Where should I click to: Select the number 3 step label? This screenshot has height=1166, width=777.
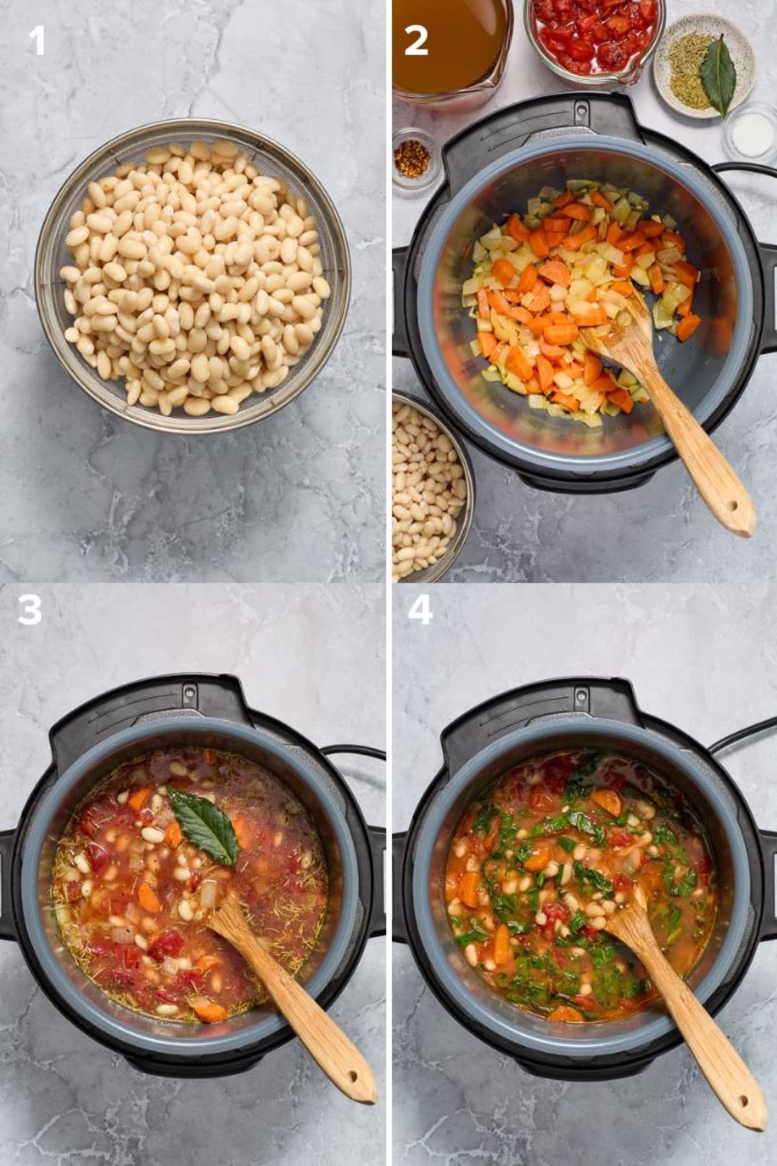click(30, 610)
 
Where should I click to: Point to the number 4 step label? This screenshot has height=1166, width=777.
click(420, 610)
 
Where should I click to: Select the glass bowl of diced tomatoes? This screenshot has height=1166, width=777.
click(593, 39)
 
